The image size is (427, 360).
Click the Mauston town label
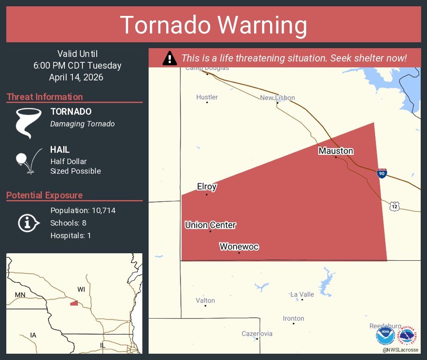click(x=336, y=151)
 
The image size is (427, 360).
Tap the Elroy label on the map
click(x=207, y=186)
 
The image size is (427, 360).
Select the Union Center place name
click(x=210, y=225)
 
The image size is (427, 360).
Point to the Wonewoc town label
click(x=239, y=247)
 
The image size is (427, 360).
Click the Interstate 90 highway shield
click(x=382, y=174)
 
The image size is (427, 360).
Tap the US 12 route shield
click(x=395, y=206)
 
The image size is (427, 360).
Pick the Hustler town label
click(x=207, y=97)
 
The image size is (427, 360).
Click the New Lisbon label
click(x=278, y=97)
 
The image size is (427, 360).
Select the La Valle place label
click(x=302, y=294)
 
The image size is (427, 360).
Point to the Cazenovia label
click(x=257, y=333)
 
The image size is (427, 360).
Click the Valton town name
click(x=205, y=300)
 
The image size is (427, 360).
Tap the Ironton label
click(x=294, y=318)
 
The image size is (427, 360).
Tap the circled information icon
click(x=27, y=222)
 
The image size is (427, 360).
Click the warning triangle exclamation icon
click(x=169, y=58)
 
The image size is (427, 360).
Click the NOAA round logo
click(x=385, y=336)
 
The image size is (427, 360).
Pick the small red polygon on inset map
click(x=74, y=303)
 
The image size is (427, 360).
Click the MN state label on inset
click(x=20, y=295)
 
